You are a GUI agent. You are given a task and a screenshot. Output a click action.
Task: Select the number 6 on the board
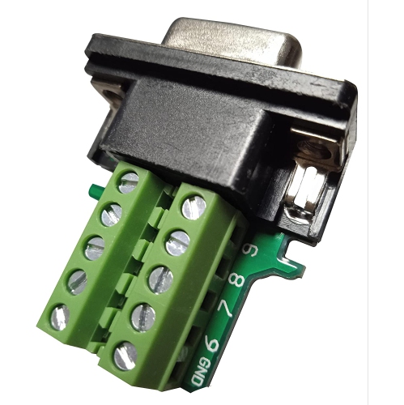214,343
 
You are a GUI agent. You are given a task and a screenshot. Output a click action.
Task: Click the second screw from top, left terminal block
111,215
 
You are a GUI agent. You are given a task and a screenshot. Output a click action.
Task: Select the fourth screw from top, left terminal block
77,281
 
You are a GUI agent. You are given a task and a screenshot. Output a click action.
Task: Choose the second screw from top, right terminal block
177,241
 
